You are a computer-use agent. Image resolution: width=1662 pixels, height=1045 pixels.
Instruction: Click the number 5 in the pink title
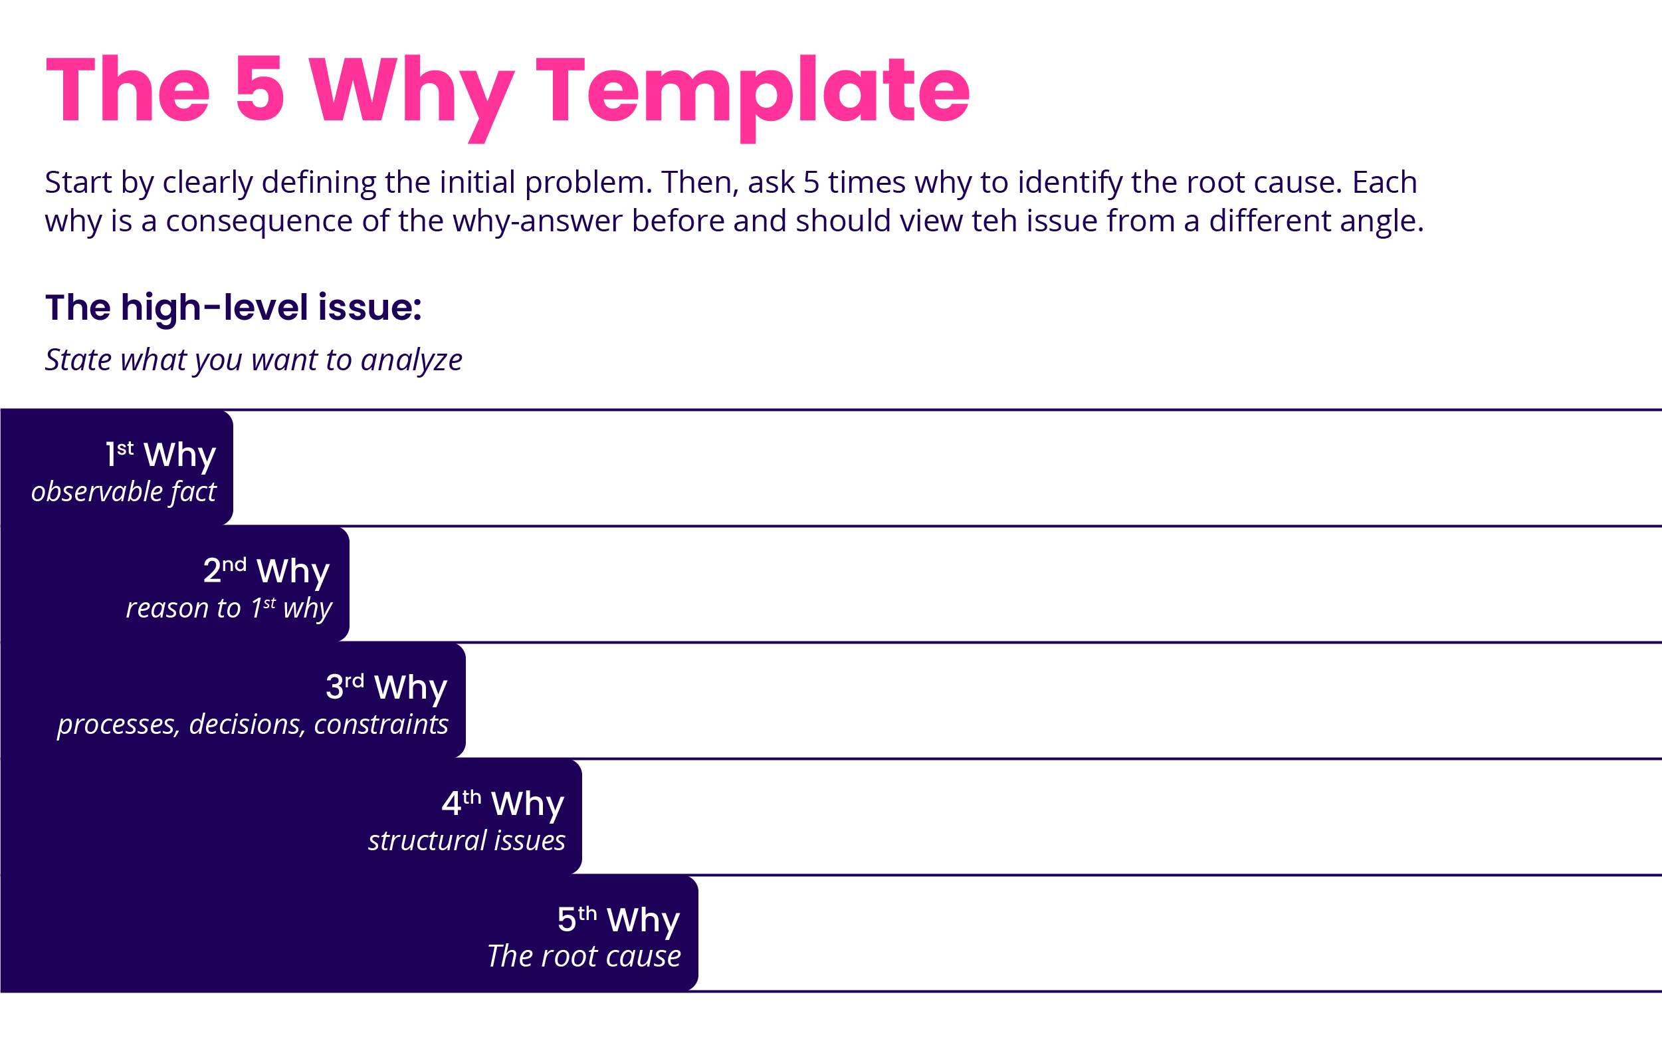(260, 90)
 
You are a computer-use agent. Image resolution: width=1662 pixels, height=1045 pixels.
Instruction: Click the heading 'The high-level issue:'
(233, 307)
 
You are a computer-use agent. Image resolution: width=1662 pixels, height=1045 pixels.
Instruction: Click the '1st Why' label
(160, 455)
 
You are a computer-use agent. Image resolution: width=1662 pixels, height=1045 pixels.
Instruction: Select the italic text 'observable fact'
(124, 492)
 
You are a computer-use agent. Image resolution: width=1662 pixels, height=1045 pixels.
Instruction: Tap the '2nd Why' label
(266, 571)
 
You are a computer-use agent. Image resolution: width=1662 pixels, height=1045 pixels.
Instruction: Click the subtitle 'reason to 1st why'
(229, 609)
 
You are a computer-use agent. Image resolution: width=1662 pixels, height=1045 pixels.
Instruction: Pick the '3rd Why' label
(386, 687)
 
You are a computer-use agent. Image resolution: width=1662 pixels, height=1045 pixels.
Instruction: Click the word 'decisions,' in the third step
(247, 725)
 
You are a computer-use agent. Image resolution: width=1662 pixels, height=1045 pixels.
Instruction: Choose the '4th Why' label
(502, 804)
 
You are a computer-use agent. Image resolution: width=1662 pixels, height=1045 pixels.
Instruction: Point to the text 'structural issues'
(466, 841)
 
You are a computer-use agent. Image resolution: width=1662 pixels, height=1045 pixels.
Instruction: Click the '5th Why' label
(619, 919)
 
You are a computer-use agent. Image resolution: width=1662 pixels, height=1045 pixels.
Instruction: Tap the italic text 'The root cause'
(583, 957)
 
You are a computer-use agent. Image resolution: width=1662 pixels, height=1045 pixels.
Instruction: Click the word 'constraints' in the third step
(381, 725)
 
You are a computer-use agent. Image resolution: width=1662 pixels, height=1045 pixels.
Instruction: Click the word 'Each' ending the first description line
(1384, 183)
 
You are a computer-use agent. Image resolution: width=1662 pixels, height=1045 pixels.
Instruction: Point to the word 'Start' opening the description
(78, 183)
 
